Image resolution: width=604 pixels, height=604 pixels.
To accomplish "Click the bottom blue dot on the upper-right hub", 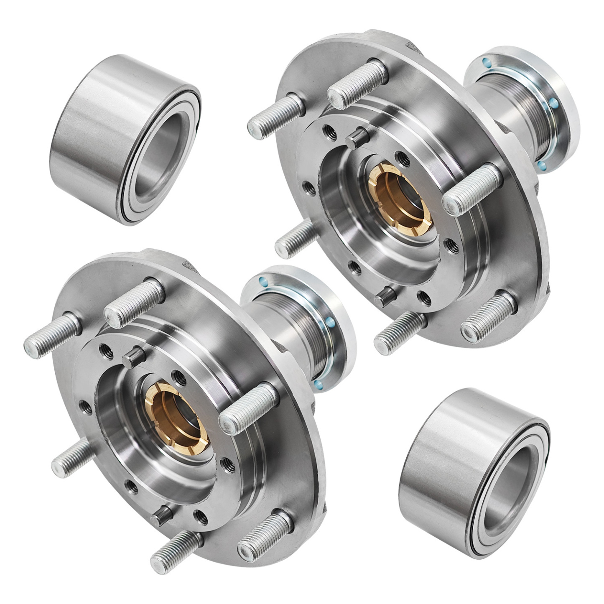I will click(541, 165).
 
